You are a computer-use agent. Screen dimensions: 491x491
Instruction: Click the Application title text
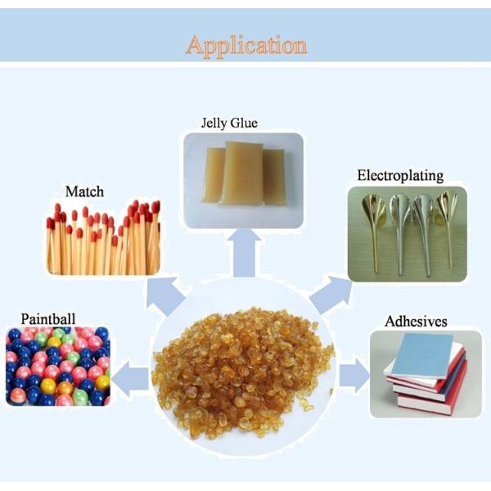[x=246, y=44]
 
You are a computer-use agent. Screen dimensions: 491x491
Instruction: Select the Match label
[x=84, y=191]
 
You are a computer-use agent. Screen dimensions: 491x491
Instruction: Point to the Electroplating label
[x=400, y=175]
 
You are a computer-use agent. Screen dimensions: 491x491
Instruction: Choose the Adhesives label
[x=415, y=321]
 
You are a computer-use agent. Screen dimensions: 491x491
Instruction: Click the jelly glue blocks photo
[x=243, y=179]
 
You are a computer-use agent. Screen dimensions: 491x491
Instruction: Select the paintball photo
[x=58, y=365]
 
